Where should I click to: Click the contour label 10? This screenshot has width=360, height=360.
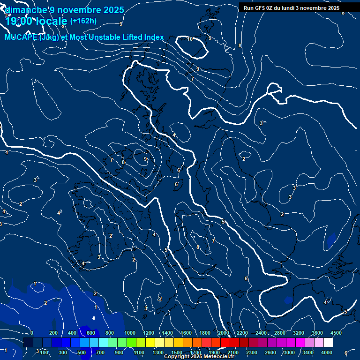[190, 39]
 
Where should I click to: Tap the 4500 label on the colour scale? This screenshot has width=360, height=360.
[336, 333]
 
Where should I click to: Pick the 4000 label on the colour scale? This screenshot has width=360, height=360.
[327, 352]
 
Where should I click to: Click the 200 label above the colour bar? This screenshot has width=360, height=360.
[53, 333]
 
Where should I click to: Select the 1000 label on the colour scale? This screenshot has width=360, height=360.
[129, 333]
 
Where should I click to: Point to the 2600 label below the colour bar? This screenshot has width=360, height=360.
[270, 352]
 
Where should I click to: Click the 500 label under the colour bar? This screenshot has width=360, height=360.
[82, 352]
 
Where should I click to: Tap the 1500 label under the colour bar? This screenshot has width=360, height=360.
[177, 352]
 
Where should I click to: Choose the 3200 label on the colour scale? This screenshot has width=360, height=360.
[299, 333]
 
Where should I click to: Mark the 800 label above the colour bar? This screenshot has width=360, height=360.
[110, 333]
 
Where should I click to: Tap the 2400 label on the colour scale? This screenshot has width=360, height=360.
[261, 333]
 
